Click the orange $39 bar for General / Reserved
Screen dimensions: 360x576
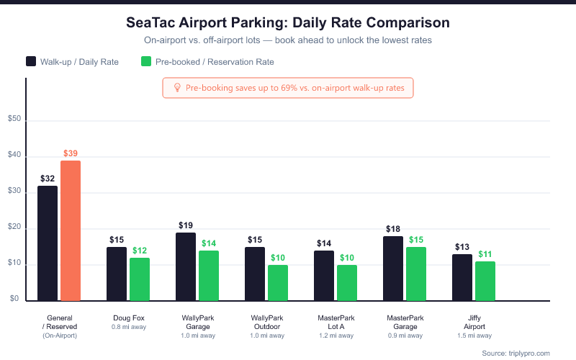pyautogui.click(x=71, y=230)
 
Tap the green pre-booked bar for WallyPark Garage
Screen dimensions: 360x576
pyautogui.click(x=209, y=275)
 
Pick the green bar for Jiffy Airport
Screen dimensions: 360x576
pyautogui.click(x=485, y=281)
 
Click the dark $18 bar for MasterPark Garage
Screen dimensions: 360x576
pyautogui.click(x=393, y=268)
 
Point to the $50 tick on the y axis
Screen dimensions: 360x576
pyautogui.click(x=15, y=121)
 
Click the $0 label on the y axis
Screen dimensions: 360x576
pyautogui.click(x=14, y=300)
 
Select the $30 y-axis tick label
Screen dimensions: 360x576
pyautogui.click(x=15, y=192)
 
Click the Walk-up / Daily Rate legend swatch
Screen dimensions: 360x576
pyautogui.click(x=31, y=62)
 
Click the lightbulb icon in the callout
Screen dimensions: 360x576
pyautogui.click(x=176, y=88)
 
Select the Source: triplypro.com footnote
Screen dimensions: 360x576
pyautogui.click(x=516, y=353)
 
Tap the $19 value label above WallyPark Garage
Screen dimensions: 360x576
pyautogui.click(x=186, y=225)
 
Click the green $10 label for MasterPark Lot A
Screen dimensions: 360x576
pyautogui.click(x=347, y=258)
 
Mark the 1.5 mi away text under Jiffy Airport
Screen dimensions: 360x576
pyautogui.click(x=474, y=336)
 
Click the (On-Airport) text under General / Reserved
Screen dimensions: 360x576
pyautogui.click(x=60, y=336)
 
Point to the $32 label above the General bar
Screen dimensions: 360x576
pyautogui.click(x=48, y=179)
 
